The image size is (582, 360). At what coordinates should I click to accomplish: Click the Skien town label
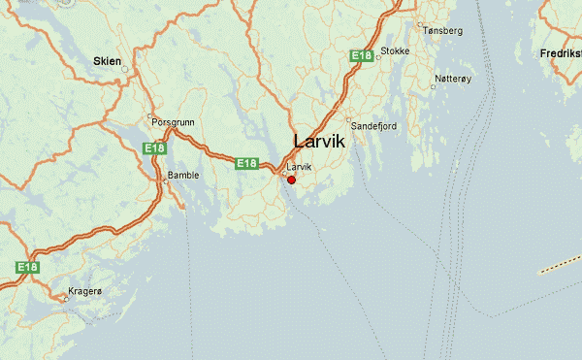pyautogui.click(x=107, y=61)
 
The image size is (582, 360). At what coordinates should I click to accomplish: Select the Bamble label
pyautogui.click(x=183, y=176)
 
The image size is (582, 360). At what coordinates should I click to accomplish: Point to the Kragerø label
pyautogui.click(x=84, y=291)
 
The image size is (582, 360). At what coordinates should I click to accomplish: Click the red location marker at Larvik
pyautogui.click(x=291, y=180)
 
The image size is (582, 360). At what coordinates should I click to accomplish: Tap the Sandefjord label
pyautogui.click(x=374, y=126)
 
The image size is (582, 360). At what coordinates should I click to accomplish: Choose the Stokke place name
pyautogui.click(x=396, y=50)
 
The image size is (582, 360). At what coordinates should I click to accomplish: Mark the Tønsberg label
pyautogui.click(x=443, y=31)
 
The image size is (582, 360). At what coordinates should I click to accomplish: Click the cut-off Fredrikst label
pyautogui.click(x=560, y=51)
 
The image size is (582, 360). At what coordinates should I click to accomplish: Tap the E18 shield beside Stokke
pyautogui.click(x=362, y=56)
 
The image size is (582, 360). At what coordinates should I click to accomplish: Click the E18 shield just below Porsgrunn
pyautogui.click(x=153, y=148)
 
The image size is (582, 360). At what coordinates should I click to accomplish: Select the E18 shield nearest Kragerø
pyautogui.click(x=26, y=266)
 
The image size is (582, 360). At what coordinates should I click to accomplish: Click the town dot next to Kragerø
pyautogui.click(x=66, y=299)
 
